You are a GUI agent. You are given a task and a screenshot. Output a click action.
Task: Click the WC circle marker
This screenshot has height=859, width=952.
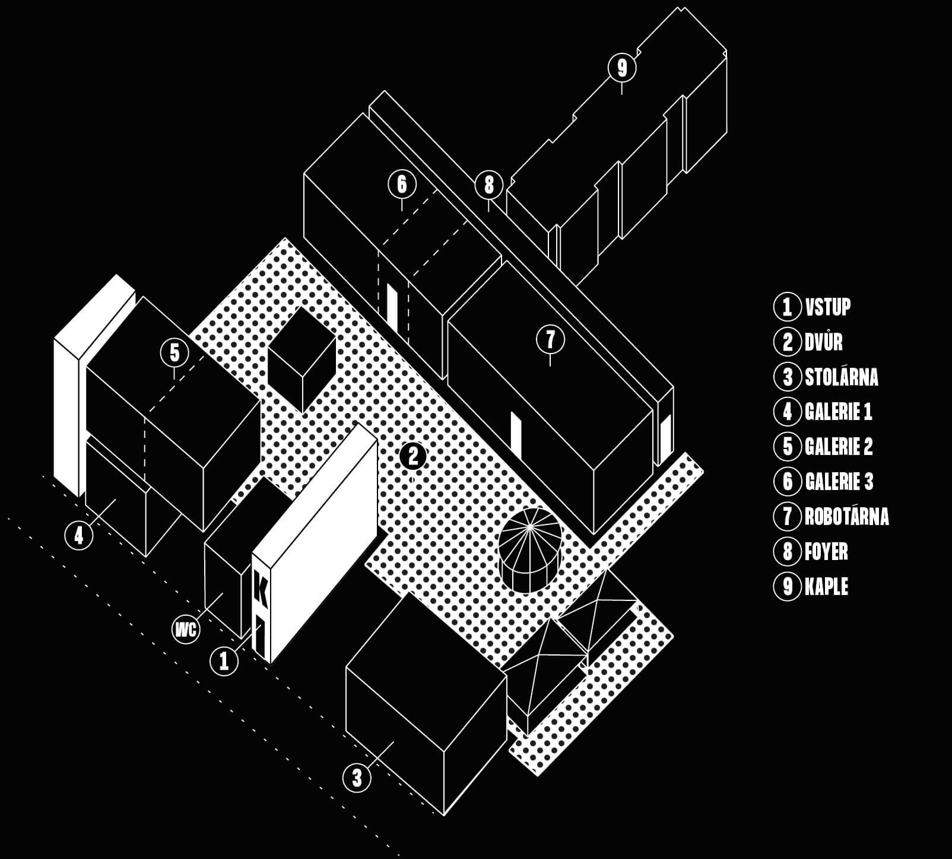point(186,629)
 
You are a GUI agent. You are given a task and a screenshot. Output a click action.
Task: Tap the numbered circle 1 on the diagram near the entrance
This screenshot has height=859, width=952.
point(224,660)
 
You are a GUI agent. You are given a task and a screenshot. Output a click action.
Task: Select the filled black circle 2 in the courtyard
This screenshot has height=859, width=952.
point(413,456)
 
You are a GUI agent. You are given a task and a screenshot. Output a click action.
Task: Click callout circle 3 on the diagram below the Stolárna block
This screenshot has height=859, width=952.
point(357,777)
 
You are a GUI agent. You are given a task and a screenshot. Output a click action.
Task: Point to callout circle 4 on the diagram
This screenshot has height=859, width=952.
point(79,536)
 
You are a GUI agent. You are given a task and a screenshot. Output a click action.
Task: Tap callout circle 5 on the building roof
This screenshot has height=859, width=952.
point(174,353)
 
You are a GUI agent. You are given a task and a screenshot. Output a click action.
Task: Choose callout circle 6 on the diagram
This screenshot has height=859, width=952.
point(402,184)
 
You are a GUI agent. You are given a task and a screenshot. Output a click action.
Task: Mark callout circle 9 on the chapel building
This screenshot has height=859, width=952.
point(621,68)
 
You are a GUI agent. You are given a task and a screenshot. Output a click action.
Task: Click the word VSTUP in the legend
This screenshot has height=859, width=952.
point(828,307)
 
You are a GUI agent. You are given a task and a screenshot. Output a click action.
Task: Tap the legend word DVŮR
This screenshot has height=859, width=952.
point(824,342)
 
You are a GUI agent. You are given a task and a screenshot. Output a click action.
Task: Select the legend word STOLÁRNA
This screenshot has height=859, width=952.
point(841,377)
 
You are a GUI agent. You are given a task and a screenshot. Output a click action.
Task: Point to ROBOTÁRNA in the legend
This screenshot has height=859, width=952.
point(846,516)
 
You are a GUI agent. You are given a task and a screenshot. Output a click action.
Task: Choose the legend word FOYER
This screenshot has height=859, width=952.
point(826,552)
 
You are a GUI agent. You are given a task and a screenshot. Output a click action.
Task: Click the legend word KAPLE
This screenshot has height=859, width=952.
point(826,587)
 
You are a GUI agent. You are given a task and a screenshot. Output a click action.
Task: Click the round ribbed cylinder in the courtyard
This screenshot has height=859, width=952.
point(529,549)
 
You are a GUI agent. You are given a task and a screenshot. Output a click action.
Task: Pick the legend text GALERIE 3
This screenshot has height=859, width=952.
point(839,481)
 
